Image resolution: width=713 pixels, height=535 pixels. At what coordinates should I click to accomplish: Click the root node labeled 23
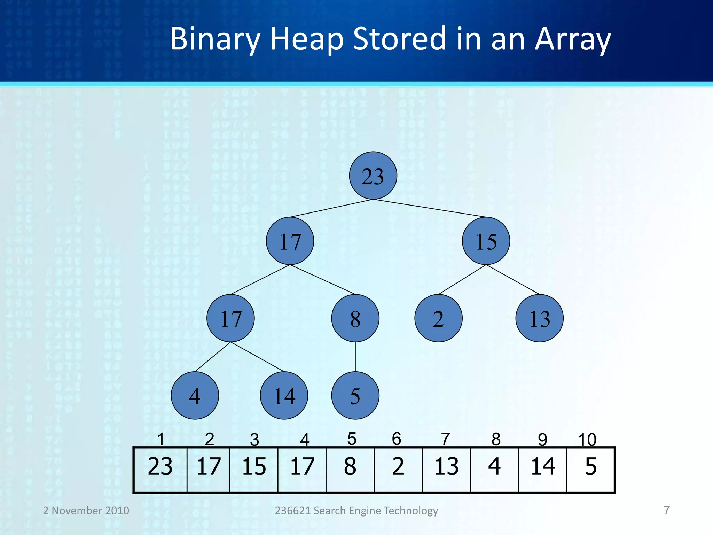[x=373, y=176]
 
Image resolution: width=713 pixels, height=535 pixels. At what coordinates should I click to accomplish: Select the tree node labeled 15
[x=486, y=241]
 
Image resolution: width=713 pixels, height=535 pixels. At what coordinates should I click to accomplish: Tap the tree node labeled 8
[x=355, y=318]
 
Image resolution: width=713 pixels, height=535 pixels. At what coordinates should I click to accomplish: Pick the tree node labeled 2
[x=438, y=318]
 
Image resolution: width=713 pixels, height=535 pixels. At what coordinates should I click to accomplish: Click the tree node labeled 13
[x=539, y=318]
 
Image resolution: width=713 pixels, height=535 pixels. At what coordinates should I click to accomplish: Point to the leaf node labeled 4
[x=195, y=395]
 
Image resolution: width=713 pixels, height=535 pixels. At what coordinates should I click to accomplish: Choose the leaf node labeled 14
[x=284, y=395]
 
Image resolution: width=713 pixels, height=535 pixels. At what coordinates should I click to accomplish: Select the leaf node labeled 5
[x=355, y=395]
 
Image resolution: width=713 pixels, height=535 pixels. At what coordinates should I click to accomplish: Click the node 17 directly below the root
[x=290, y=241]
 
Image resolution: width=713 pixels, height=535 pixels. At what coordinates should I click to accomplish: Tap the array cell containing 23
[x=160, y=470]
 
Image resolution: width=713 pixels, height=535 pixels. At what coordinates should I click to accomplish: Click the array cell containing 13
[x=446, y=470]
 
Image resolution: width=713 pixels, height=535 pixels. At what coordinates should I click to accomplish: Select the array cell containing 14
[x=542, y=470]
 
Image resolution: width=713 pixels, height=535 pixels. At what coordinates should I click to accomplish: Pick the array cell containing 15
[x=254, y=470]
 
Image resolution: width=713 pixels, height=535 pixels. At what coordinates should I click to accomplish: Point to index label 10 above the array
[x=587, y=440]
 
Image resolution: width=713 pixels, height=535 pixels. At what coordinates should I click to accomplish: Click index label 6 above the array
[x=397, y=439]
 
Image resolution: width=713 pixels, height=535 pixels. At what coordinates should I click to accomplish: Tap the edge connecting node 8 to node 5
[x=355, y=357]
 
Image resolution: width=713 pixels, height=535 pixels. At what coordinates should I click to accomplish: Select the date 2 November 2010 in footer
[x=86, y=511]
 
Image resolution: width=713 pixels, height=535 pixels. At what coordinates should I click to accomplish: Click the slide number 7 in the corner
[x=666, y=510]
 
